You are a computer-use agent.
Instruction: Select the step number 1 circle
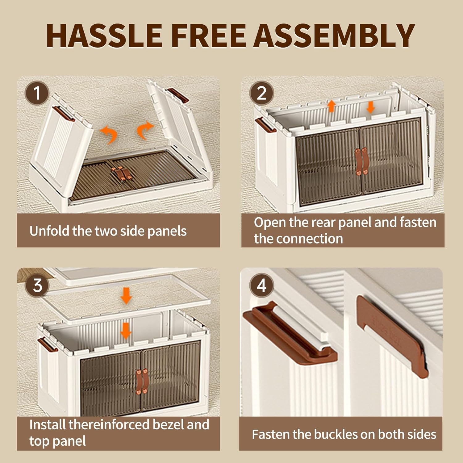pos(37,93)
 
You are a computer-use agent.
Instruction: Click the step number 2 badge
pos(261,93)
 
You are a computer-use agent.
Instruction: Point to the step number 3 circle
pos(37,285)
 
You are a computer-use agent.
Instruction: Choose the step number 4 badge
pos(261,285)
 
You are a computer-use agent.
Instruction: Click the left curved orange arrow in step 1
pos(109,135)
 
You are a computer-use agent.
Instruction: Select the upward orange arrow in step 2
pos(332,106)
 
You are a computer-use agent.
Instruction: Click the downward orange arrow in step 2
pos(370,107)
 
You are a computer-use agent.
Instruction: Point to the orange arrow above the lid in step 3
pos(126,295)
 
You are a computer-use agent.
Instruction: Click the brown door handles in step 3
pos(142,381)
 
